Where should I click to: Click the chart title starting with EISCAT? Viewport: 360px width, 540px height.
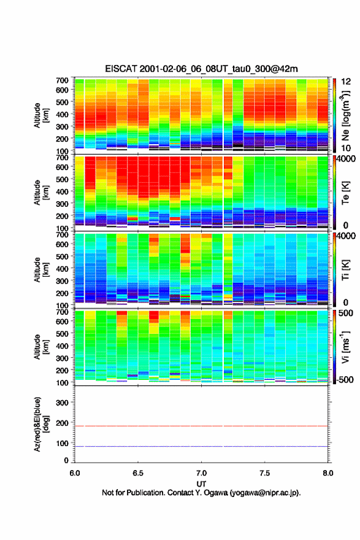point(201,69)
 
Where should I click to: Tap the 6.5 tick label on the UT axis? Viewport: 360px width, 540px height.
point(138,473)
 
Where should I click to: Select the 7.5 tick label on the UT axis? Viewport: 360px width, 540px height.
point(264,473)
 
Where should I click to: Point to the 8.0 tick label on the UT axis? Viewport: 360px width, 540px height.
point(328,473)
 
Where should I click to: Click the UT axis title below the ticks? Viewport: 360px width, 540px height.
point(201,484)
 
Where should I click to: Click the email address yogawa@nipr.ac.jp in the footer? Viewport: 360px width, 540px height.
point(264,493)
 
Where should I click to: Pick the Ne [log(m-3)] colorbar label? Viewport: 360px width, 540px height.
point(346,116)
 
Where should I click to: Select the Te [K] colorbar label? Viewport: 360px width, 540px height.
point(346,193)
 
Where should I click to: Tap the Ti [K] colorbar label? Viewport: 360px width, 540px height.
point(346,271)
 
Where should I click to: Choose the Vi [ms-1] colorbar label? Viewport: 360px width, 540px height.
point(346,347)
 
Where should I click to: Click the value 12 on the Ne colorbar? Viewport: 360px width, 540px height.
point(346,82)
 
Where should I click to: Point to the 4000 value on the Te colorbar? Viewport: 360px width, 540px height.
point(347,159)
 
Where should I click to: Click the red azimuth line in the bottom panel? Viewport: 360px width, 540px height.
point(201,426)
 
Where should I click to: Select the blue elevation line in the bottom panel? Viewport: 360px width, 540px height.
point(201,446)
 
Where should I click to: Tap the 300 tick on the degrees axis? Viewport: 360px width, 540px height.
point(62,403)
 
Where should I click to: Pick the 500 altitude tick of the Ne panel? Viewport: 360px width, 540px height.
point(62,102)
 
